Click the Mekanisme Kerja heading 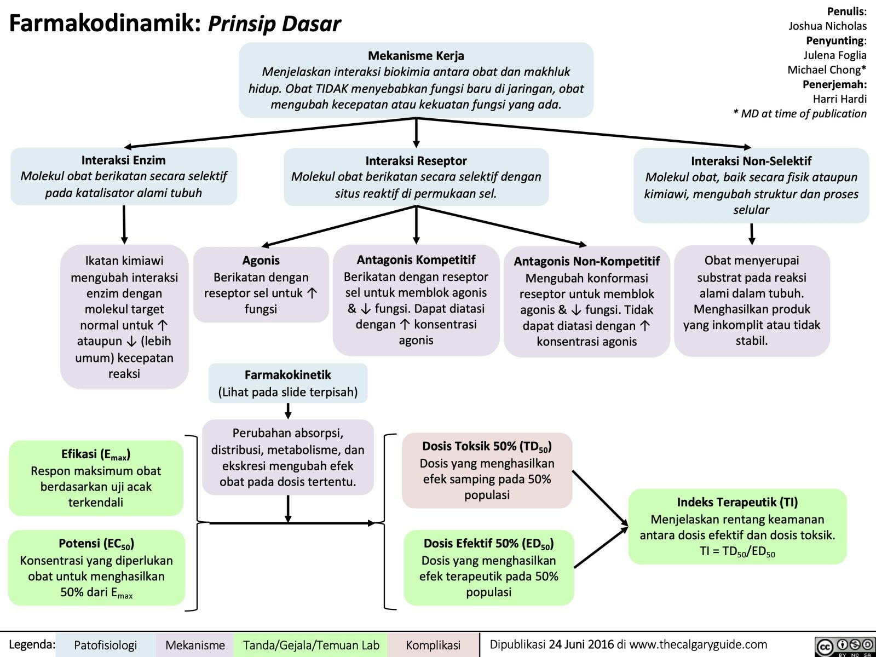(x=416, y=55)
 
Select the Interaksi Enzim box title (x=123, y=160)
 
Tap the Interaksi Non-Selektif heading (x=751, y=161)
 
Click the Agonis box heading (x=261, y=261)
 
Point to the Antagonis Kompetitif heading (x=416, y=260)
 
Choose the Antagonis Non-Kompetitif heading (x=586, y=261)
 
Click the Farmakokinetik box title (x=287, y=375)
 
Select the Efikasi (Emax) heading (x=96, y=454)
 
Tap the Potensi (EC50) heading (x=96, y=544)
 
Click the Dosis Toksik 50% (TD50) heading (x=487, y=446)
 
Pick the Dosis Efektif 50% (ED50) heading (x=488, y=544)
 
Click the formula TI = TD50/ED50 (x=737, y=551)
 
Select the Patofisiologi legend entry (x=105, y=646)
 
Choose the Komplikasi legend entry (x=433, y=646)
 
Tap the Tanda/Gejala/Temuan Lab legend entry (x=310, y=646)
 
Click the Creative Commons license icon (x=844, y=646)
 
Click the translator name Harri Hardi (x=839, y=99)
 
